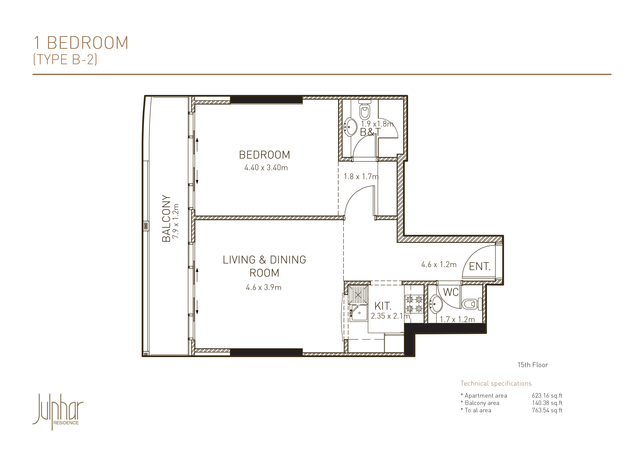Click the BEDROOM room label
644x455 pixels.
pyautogui.click(x=265, y=155)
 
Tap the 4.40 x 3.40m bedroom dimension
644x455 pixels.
pyautogui.click(x=266, y=168)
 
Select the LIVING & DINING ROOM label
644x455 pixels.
pyautogui.click(x=265, y=266)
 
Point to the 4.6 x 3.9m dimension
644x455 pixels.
pyautogui.click(x=264, y=287)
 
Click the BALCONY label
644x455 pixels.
pyautogui.click(x=166, y=218)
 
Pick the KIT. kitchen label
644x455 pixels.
pyautogui.click(x=383, y=306)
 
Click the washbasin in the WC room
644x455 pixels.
pyautogui.click(x=436, y=304)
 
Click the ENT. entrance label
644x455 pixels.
pyautogui.click(x=480, y=267)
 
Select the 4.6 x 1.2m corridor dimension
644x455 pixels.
pyautogui.click(x=439, y=265)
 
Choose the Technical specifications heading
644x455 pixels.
pyautogui.click(x=496, y=383)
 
